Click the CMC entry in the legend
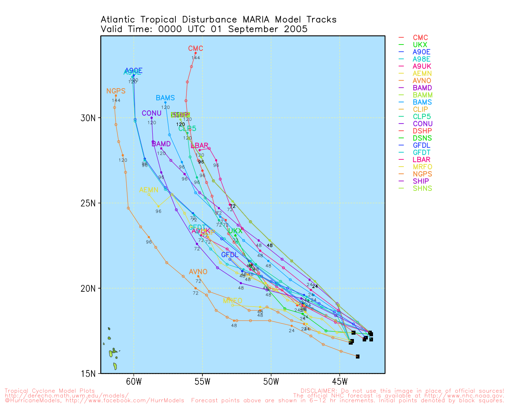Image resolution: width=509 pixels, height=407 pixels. [420, 38]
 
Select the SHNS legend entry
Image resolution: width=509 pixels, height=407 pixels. [422, 188]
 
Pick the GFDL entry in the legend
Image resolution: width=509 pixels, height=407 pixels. [422, 145]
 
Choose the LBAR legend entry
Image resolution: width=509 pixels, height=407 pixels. [422, 160]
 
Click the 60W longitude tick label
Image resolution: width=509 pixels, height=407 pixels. [134, 382]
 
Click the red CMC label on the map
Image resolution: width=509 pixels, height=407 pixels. [196, 48]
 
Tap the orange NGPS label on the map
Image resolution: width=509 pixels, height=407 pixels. [116, 91]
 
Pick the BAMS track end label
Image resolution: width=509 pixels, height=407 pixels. [165, 98]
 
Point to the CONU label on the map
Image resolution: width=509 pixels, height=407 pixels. [152, 113]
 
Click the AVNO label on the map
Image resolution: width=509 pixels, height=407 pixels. [198, 272]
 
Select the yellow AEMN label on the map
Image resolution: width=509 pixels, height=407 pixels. [149, 190]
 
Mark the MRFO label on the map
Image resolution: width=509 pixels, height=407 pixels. [233, 301]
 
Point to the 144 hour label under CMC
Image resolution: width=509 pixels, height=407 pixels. [196, 58]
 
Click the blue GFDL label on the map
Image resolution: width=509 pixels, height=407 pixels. [230, 255]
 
